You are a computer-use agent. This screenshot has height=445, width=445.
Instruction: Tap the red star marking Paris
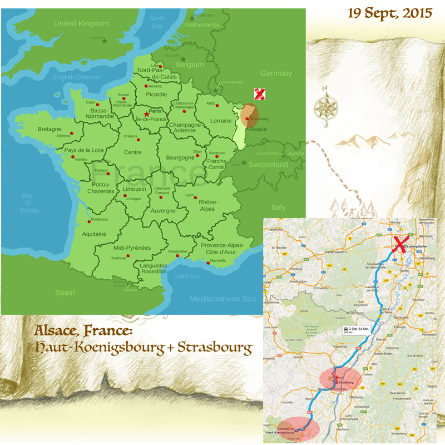146,114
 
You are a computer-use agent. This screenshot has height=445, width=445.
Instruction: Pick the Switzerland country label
268,165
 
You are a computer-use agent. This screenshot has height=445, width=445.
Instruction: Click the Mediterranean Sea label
222,299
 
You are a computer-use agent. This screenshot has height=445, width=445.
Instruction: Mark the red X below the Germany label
259,94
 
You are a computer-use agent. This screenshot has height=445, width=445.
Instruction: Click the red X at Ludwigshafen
399,245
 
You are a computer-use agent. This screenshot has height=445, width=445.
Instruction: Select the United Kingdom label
81,23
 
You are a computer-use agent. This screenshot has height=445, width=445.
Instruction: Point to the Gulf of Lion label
187,276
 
